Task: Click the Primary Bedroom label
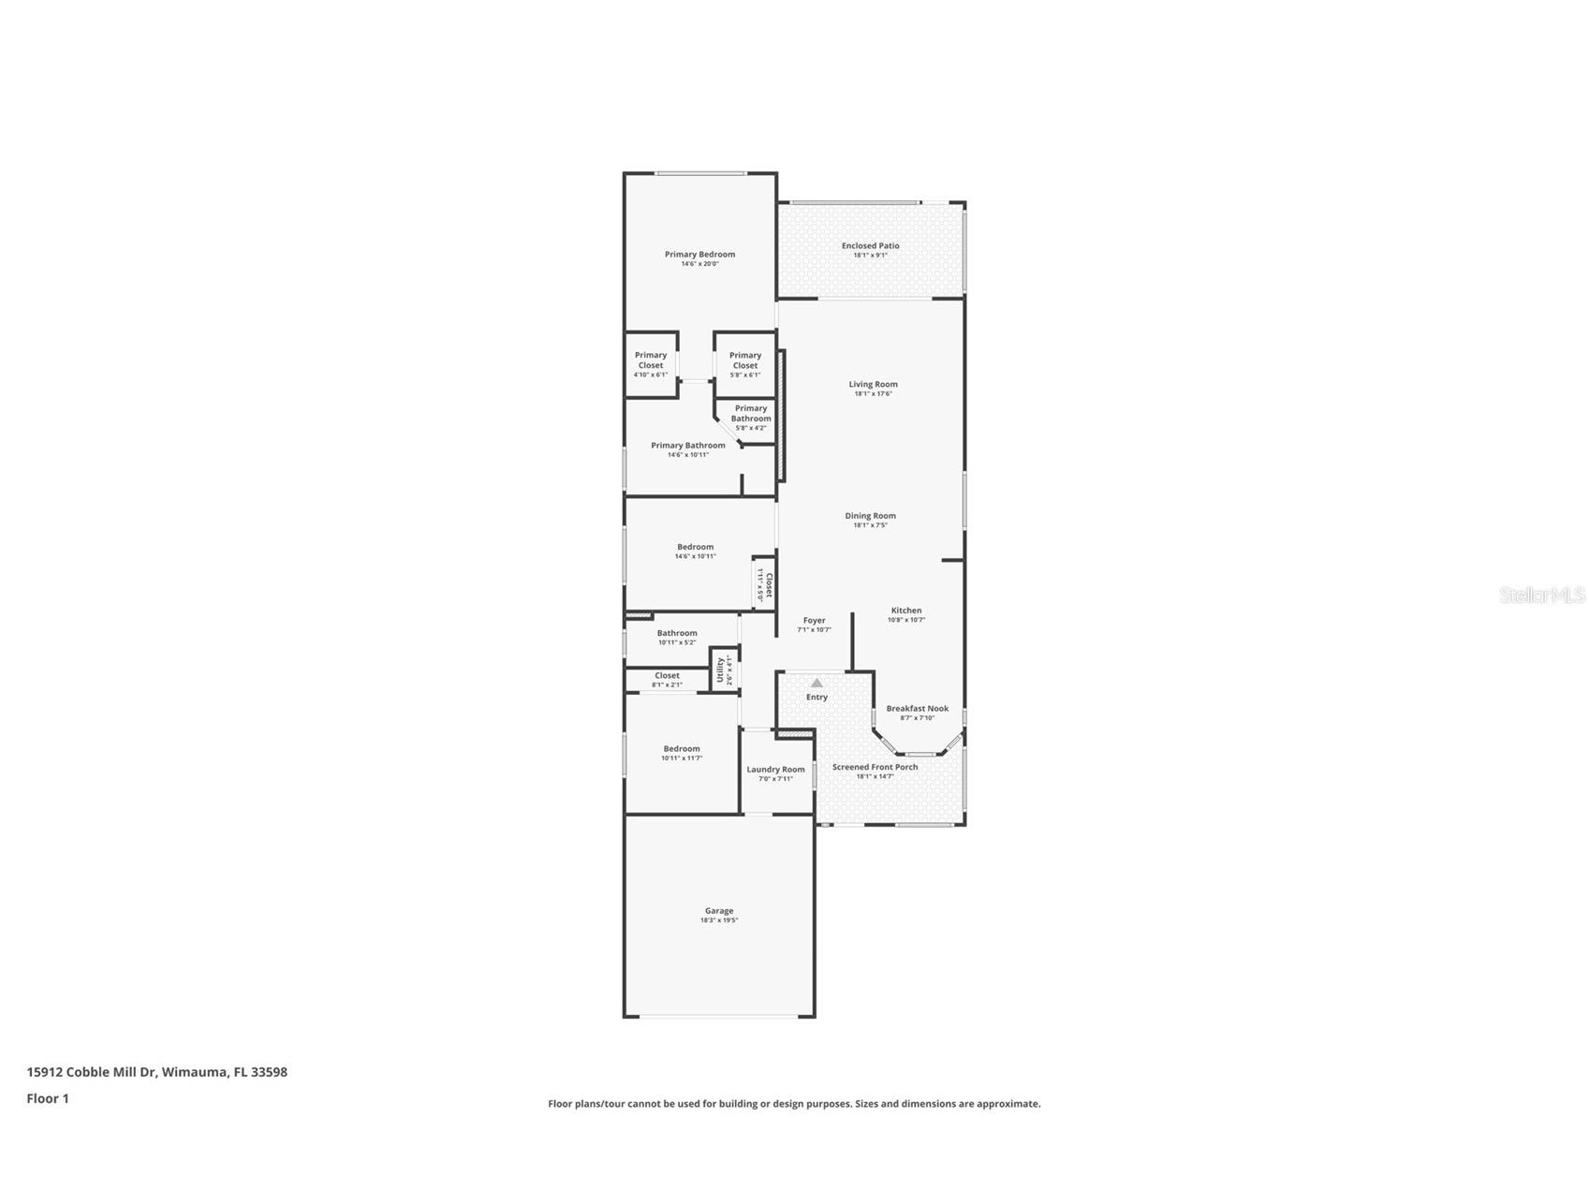[699, 255]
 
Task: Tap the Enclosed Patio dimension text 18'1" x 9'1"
[870, 256]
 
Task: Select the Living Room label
[873, 384]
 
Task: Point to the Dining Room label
[870, 516]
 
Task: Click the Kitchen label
[905, 610]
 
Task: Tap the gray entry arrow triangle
[817, 683]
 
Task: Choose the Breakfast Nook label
[917, 709]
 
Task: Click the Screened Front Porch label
[875, 767]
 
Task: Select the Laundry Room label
[775, 770]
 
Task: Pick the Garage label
[719, 911]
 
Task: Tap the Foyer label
[814, 621]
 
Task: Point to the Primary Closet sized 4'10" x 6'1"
[651, 360]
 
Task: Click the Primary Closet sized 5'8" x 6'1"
[745, 360]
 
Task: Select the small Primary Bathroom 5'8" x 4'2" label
[751, 414]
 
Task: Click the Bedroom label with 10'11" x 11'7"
[682, 749]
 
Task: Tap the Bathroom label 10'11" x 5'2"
[676, 633]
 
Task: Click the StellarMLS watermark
[1541, 595]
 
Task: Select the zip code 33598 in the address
[269, 1072]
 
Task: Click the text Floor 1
[48, 1098]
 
